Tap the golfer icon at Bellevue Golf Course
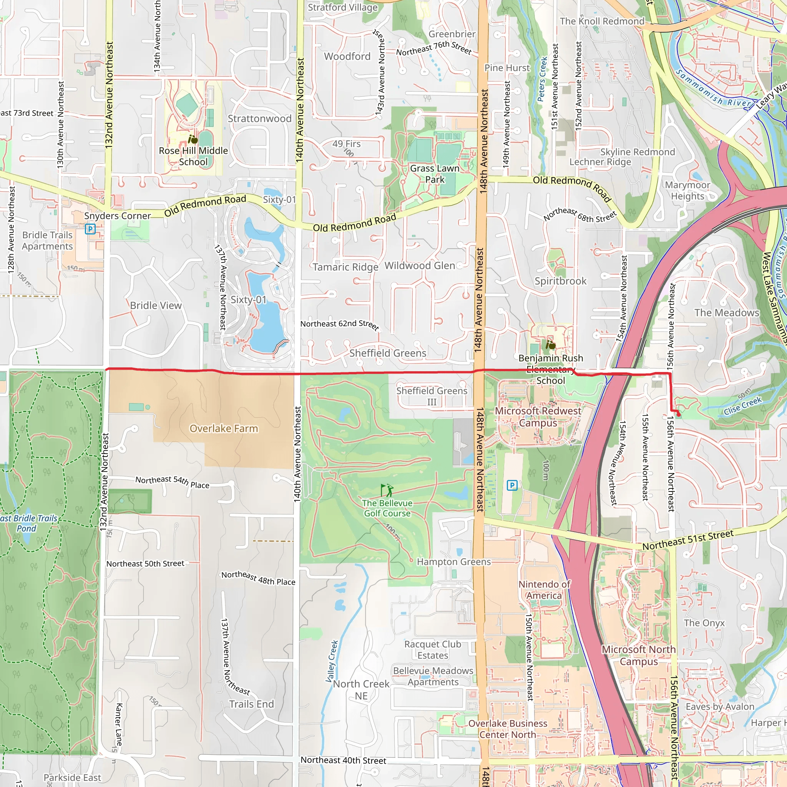[387, 490]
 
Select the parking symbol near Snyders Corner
[90, 229]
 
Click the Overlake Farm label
[224, 428]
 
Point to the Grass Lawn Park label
[435, 174]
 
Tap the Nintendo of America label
[544, 589]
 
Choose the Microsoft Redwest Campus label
[538, 416]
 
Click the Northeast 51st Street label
[687, 540]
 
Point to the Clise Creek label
[742, 406]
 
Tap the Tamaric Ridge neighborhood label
[345, 267]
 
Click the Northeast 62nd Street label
[340, 324]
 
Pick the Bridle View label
[156, 306]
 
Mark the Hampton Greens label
[454, 562]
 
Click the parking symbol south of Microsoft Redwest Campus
[512, 485]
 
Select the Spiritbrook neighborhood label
[561, 281]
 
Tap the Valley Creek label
[332, 661]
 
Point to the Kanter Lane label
[119, 724]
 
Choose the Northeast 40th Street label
[343, 760]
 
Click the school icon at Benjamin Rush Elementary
[550, 345]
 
